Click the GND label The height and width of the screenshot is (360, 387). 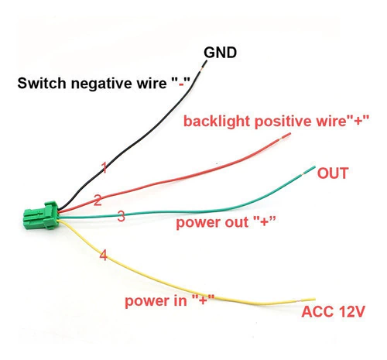pos(220,53)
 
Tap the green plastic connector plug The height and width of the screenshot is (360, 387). pos(41,215)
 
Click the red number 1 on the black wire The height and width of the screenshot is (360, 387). pos(104,168)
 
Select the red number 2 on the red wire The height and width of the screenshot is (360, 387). pos(98,201)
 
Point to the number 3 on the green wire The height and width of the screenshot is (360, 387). pos(122,216)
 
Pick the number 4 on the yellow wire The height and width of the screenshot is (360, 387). pos(103,255)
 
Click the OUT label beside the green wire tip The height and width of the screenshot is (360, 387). pos(333,173)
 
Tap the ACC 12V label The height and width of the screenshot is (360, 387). pos(333,311)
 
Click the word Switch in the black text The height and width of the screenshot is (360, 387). pos(42,84)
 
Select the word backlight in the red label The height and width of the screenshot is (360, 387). pos(217,122)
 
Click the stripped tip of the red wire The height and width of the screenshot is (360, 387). pos(285,136)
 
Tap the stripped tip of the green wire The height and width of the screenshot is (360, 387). pos(308,171)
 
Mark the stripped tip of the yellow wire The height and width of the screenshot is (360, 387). pos(307,300)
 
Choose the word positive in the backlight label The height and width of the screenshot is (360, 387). pos(280,122)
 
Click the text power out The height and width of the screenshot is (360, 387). pos(212,222)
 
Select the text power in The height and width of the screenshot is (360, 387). pos(156,301)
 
